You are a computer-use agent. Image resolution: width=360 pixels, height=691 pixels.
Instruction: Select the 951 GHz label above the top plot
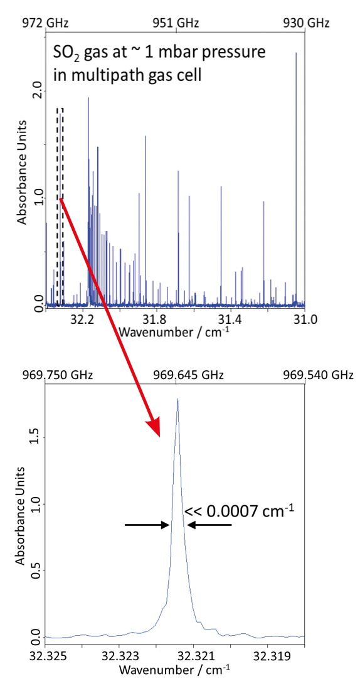176,23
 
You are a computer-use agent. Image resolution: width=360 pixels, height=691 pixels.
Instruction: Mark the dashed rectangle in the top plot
60,207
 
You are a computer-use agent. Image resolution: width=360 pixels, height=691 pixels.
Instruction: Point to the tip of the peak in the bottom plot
177,399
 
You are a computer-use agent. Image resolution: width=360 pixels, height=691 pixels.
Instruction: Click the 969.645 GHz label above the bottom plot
178,375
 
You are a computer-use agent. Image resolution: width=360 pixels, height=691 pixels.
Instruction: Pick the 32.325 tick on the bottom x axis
45,656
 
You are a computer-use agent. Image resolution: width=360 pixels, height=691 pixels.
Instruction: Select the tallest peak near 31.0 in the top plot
296,53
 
